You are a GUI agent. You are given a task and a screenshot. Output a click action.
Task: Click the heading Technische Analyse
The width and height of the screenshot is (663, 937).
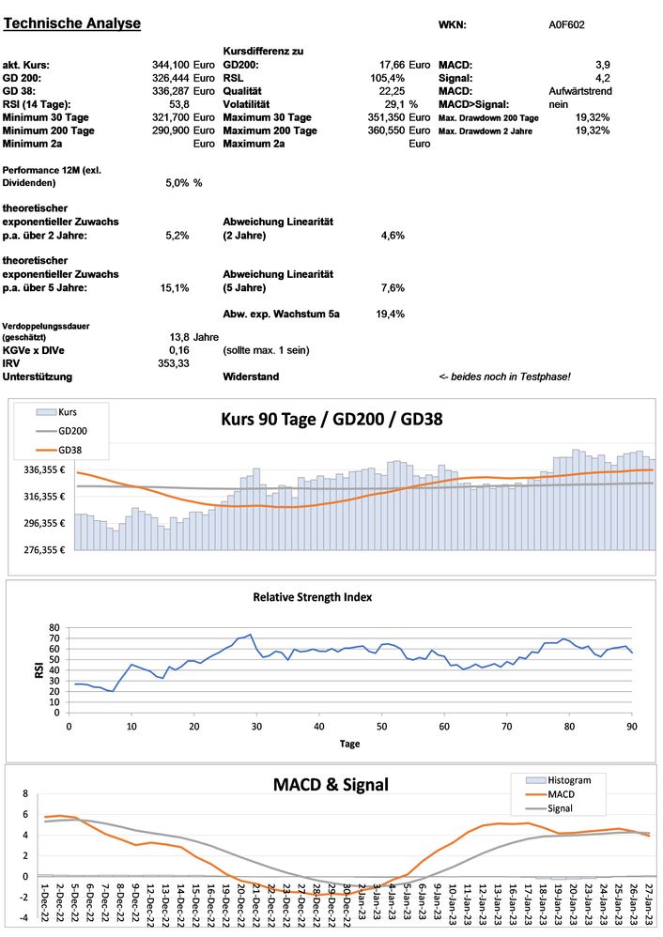pyautogui.click(x=73, y=23)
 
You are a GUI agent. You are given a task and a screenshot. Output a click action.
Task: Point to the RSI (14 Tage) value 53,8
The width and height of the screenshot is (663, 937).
pyautogui.click(x=177, y=104)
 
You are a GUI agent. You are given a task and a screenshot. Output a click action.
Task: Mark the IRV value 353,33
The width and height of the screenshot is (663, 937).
pyautogui.click(x=174, y=362)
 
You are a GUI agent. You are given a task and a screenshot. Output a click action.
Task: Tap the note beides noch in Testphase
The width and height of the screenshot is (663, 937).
pyautogui.click(x=504, y=376)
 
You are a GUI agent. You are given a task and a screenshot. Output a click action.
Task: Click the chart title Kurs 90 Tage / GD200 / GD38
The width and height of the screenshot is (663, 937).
pyautogui.click(x=331, y=419)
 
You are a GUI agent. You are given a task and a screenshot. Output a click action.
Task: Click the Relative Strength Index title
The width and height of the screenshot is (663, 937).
pyautogui.click(x=313, y=596)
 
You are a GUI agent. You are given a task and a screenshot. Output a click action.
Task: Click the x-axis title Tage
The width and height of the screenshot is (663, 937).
pyautogui.click(x=349, y=743)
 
